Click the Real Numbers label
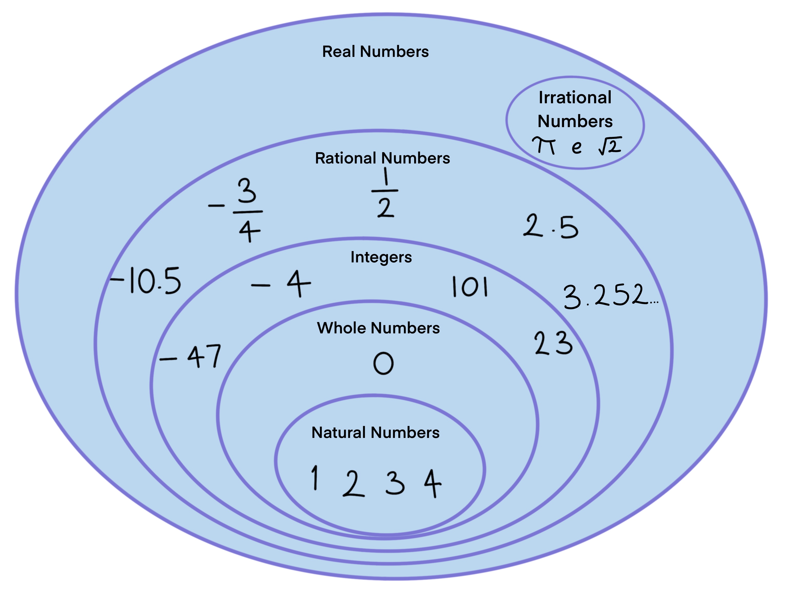tap(375, 52)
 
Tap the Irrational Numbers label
tap(575, 109)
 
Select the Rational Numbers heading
tap(382, 158)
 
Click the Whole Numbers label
tap(378, 328)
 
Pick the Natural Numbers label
tap(375, 433)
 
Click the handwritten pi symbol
tap(544, 146)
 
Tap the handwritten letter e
tap(576, 147)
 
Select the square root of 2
tap(610, 146)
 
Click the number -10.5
tap(146, 281)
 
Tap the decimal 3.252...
tap(610, 296)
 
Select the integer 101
tap(470, 287)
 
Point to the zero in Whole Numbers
tap(383, 363)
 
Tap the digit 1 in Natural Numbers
tap(314, 478)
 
